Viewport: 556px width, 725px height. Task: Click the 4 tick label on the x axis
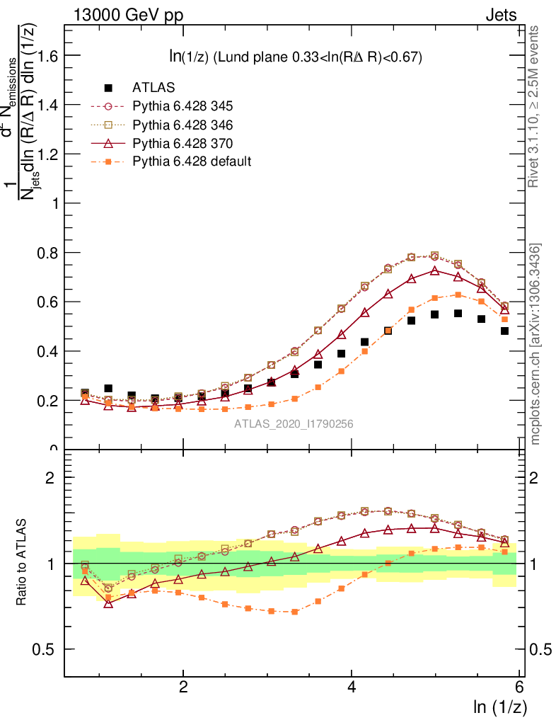[x=352, y=686]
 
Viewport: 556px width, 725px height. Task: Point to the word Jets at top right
[x=500, y=16]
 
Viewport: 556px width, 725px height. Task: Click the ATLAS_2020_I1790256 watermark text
[x=294, y=424]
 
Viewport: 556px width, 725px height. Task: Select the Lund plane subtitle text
[x=292, y=57]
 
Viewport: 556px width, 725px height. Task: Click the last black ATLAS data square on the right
[x=504, y=331]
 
